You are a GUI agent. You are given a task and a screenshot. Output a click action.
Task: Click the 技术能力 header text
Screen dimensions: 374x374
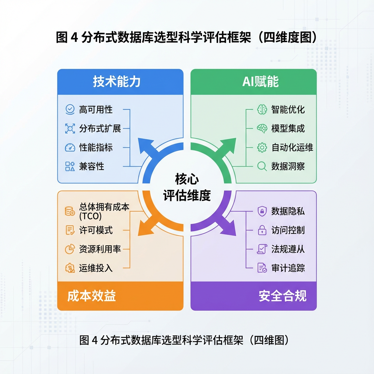click(x=117, y=82)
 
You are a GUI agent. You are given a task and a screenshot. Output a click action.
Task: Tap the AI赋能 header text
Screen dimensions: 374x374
click(x=260, y=82)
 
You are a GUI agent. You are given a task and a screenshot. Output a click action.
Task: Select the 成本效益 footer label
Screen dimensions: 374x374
click(x=91, y=296)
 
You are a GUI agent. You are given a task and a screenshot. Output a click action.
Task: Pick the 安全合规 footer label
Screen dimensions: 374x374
click(x=283, y=296)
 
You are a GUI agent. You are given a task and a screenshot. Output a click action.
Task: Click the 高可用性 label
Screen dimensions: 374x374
click(x=96, y=109)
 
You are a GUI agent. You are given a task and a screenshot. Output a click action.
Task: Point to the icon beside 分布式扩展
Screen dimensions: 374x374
click(x=70, y=128)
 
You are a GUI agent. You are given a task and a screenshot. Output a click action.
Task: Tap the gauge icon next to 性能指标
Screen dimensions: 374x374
click(x=70, y=148)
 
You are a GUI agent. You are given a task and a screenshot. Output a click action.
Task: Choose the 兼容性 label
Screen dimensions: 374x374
click(x=92, y=167)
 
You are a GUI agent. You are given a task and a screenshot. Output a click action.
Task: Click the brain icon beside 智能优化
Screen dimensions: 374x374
click(x=262, y=109)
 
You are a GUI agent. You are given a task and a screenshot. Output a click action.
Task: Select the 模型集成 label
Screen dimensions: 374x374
click(x=288, y=128)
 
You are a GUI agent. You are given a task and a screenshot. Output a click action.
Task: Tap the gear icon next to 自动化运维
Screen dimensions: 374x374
click(x=262, y=148)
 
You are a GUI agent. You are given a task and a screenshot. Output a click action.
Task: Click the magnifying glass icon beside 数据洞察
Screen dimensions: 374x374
click(x=262, y=167)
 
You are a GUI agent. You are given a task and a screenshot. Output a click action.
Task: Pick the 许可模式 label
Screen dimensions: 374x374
click(x=96, y=230)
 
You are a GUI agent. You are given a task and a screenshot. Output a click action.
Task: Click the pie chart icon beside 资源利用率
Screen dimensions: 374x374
click(x=70, y=249)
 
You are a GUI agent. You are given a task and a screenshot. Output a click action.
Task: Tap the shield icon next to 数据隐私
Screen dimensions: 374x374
click(x=262, y=211)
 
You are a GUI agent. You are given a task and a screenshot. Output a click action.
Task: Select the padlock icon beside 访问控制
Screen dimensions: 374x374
click(x=262, y=230)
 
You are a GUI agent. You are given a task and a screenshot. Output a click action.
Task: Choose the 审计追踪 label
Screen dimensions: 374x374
click(x=288, y=268)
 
